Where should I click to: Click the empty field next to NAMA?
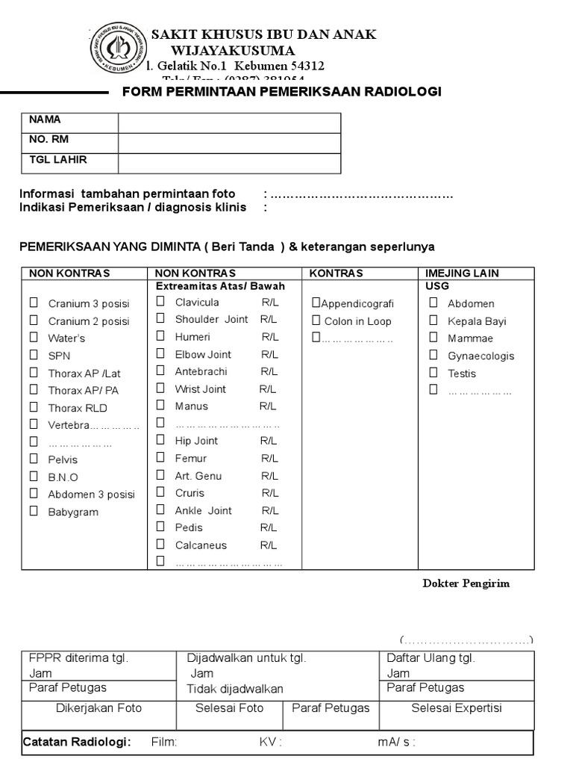tap(229, 123)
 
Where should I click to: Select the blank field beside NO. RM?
tap(229, 143)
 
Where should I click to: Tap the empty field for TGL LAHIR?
tap(229, 163)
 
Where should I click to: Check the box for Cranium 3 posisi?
tap(34, 303)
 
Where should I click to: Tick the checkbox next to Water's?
tap(34, 338)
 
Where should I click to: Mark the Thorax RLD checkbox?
tap(34, 407)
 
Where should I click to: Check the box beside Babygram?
tap(34, 511)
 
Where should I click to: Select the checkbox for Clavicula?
tap(160, 301)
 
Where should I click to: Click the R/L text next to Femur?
tap(269, 458)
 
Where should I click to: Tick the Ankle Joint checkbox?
tap(160, 510)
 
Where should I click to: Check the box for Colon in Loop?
tap(316, 320)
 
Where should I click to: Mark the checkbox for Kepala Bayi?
tap(433, 320)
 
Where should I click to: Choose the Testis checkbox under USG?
tap(433, 372)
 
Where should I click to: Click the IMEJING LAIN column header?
tap(462, 273)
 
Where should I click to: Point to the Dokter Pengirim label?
tap(466, 583)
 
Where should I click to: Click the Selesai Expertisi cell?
tap(457, 708)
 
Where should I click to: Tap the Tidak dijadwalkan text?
tap(235, 689)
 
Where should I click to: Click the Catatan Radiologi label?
tap(77, 742)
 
